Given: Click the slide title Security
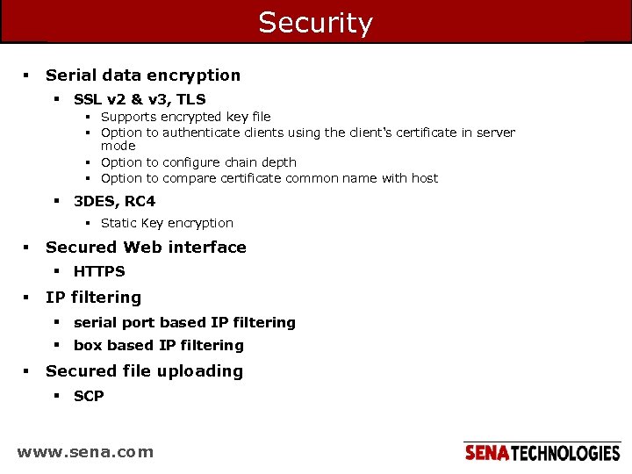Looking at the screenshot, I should [x=315, y=23].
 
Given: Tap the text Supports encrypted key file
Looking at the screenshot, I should [x=185, y=117].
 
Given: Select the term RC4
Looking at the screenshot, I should [x=140, y=202].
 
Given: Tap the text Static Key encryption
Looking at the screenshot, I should [x=167, y=223].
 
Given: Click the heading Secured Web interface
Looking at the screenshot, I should [x=146, y=248].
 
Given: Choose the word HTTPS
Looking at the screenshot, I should [x=99, y=272].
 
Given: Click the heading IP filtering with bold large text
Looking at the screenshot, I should [x=93, y=298].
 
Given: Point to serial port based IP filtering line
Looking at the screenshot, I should [x=184, y=323].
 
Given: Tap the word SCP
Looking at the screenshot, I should [x=89, y=397].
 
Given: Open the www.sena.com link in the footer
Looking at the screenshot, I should [x=85, y=453].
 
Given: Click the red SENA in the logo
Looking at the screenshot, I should [x=486, y=453].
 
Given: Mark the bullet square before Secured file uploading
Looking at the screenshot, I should [x=27, y=371].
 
